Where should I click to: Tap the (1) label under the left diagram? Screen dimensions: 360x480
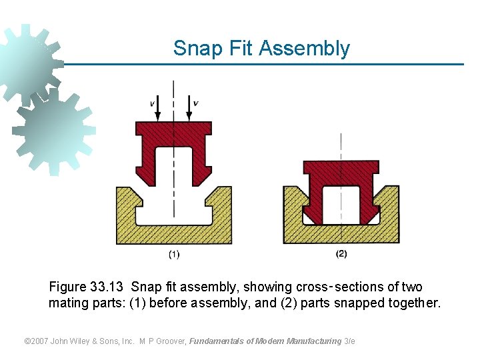[173, 254]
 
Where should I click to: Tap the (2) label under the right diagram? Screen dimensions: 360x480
[341, 254]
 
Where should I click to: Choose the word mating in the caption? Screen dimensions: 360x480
[67, 304]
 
